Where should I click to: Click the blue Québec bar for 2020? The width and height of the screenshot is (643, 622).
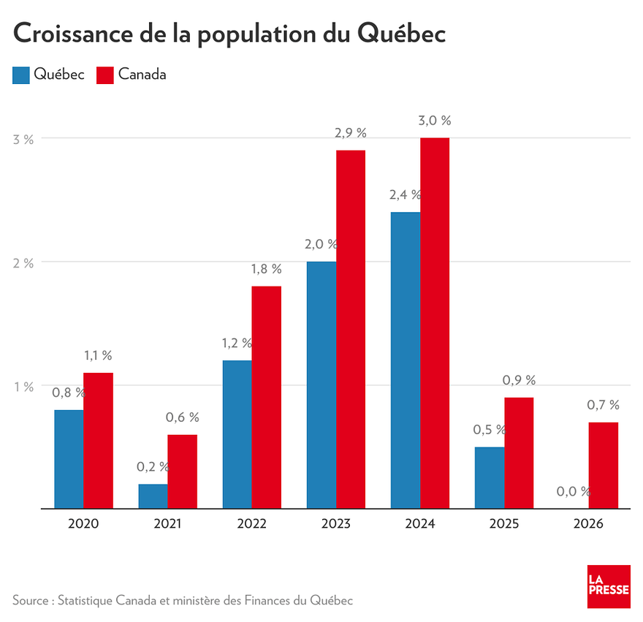click(69, 459)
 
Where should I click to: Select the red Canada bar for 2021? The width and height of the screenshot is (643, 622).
click(182, 471)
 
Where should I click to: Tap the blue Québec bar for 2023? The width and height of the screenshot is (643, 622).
click(321, 384)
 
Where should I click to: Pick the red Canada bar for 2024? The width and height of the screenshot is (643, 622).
click(435, 323)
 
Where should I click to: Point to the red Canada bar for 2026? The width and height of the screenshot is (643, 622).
click(603, 465)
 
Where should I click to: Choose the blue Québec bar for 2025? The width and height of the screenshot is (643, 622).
click(490, 477)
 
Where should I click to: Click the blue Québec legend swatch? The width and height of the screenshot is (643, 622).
click(21, 75)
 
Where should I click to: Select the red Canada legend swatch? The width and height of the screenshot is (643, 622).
click(105, 75)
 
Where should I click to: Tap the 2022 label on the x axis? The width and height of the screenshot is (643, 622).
click(252, 524)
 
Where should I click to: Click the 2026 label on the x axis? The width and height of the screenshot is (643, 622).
click(589, 524)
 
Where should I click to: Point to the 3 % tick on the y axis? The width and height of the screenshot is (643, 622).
click(24, 139)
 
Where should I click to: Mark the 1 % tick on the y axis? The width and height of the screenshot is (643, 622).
click(24, 387)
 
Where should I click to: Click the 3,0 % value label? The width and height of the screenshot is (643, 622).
click(435, 121)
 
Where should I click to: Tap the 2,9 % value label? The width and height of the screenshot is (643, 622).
click(351, 133)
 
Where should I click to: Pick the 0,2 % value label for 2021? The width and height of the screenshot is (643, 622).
click(153, 466)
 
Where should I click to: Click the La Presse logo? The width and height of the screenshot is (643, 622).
click(608, 586)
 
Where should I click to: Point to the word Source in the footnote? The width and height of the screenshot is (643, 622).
click(30, 600)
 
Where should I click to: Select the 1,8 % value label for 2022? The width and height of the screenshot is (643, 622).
click(267, 269)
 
